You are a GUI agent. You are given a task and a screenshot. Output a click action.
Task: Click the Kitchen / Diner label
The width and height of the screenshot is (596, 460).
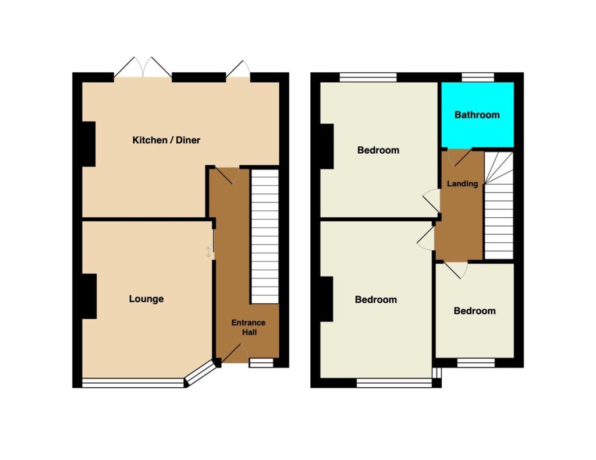tap(166, 140)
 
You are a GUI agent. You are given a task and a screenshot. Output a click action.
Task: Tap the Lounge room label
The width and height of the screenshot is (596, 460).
tap(146, 299)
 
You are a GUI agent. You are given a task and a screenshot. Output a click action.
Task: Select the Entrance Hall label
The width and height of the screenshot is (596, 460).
tap(249, 327)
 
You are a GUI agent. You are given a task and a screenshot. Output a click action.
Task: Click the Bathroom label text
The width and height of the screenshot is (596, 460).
tap(477, 115)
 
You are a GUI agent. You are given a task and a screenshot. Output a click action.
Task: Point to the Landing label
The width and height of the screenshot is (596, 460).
tap(462, 183)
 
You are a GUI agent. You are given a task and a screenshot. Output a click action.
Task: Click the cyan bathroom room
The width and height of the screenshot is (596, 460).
tap(477, 115)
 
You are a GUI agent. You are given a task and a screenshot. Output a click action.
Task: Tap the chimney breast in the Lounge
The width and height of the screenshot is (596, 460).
tap(89, 296)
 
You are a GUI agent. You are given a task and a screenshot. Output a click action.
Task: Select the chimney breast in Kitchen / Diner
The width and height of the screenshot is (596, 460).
tap(89, 144)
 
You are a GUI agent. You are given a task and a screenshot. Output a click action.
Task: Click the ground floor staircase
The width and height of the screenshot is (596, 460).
tap(265, 236)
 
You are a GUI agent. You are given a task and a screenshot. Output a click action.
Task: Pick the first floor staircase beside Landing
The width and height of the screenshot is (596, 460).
tap(499, 206)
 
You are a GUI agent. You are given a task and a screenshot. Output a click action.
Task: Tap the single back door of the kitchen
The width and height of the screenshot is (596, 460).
tap(238, 69)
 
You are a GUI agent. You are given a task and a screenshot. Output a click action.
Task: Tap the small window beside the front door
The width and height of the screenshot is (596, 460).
tap(261, 363)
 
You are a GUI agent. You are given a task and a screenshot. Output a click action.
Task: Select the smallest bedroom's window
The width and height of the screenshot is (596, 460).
tap(476, 363)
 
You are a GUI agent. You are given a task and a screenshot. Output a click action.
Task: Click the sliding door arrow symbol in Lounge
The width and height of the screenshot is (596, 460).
tap(208, 252)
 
